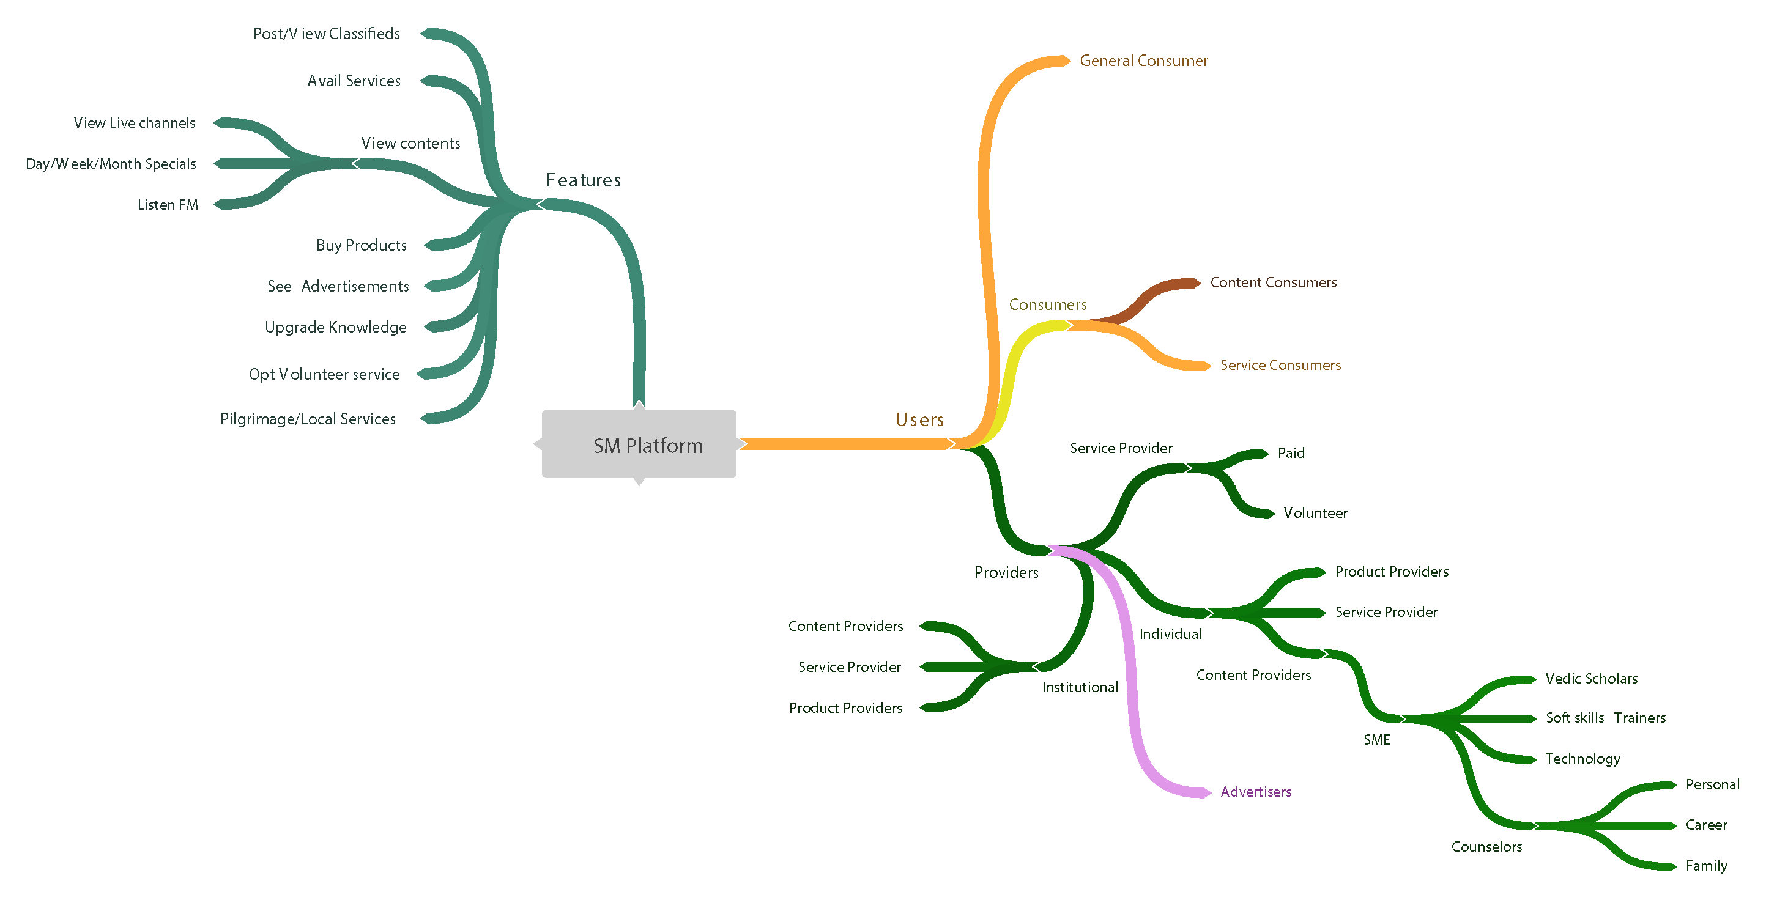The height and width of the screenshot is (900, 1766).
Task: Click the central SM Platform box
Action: pos(639,445)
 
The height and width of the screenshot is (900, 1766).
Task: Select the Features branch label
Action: pos(584,180)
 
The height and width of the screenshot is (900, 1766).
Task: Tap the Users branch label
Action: pos(919,419)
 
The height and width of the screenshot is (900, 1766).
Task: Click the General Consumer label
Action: pos(1143,61)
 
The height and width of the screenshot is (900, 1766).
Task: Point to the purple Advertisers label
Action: pos(1256,792)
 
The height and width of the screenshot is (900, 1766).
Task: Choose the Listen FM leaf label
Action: pos(168,205)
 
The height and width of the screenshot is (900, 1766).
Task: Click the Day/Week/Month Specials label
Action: pos(111,164)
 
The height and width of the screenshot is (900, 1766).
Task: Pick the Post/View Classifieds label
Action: pos(326,34)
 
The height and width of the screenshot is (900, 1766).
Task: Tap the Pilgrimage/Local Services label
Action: pos(308,419)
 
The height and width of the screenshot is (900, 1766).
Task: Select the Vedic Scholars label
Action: pos(1591,679)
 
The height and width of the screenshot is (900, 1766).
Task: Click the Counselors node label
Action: pos(1486,847)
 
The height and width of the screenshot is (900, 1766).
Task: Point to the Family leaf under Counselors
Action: pos(1706,866)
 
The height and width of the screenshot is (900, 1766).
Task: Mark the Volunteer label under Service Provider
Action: pos(1315,513)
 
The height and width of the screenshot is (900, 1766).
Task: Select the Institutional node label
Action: pos(1080,687)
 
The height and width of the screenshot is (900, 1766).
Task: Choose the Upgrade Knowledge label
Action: pos(335,327)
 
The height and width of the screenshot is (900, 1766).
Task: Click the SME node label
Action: pos(1376,740)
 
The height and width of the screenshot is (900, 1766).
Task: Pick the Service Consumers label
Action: pos(1280,366)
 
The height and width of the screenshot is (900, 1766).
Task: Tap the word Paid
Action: pos(1291,453)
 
